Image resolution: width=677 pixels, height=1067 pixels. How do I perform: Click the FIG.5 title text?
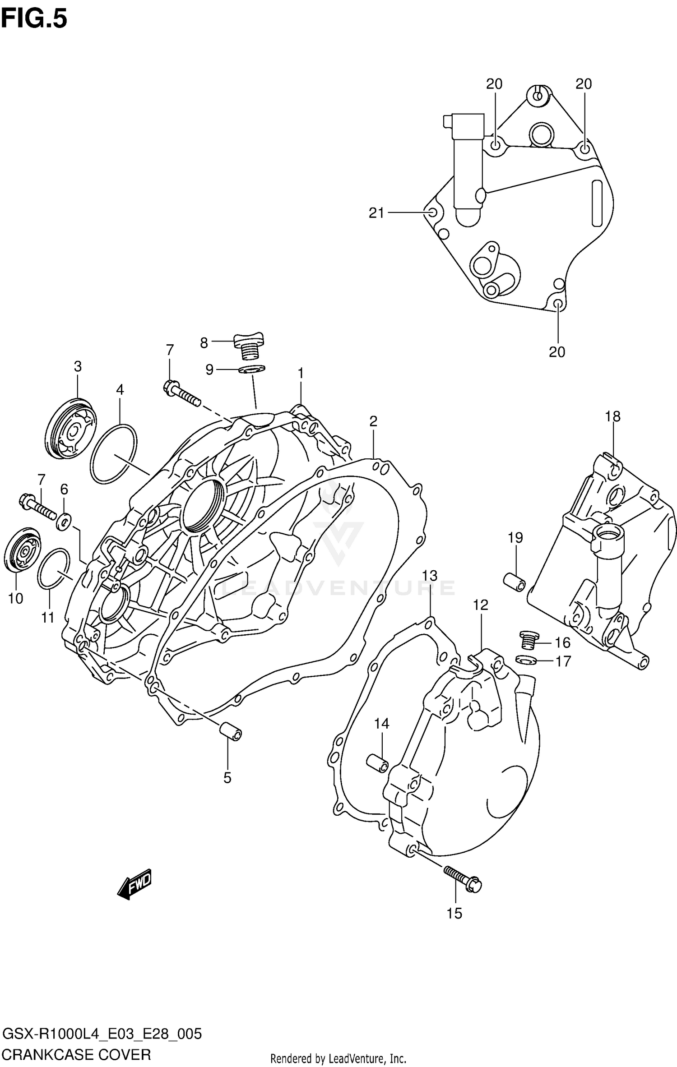tap(34, 19)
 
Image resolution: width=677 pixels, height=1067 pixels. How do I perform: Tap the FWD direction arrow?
tap(134, 884)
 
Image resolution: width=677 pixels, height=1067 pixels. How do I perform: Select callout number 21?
tap(376, 212)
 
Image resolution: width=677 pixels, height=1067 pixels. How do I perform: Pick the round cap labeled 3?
tap(71, 429)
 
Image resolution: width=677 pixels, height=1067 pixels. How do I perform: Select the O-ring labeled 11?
tap(53, 569)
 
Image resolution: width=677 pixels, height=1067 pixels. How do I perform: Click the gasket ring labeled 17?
tap(526, 661)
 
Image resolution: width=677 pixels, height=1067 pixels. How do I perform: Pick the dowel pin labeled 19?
tap(515, 582)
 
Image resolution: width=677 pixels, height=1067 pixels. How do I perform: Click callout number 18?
tap(612, 416)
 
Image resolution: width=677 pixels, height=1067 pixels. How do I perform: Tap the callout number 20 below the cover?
tap(557, 351)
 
